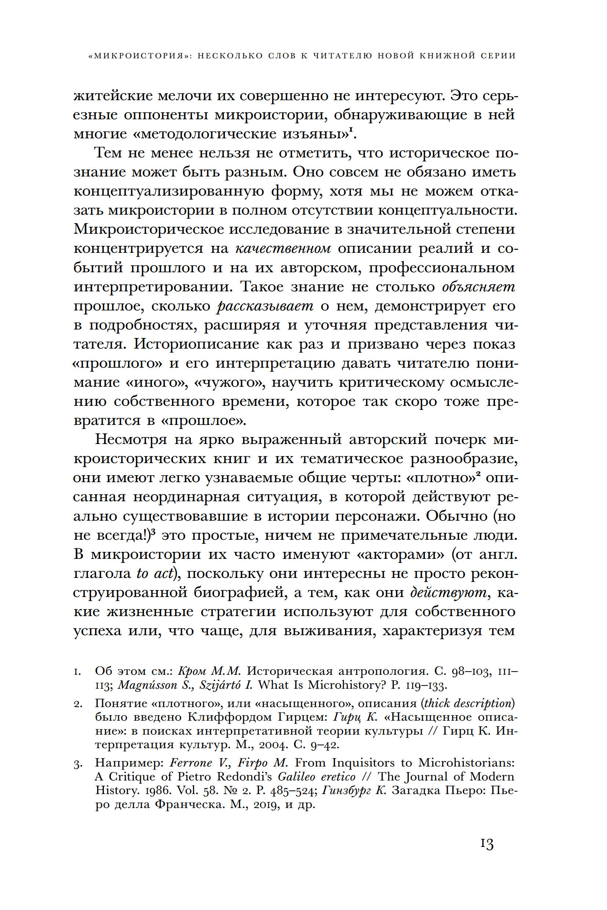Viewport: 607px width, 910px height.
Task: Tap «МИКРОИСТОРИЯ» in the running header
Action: [x=140, y=56]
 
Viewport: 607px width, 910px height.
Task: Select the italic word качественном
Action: [x=283, y=248]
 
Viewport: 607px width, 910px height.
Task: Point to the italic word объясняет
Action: [x=479, y=287]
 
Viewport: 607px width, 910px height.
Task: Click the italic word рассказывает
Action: [x=265, y=306]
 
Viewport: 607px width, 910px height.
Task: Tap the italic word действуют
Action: [x=448, y=592]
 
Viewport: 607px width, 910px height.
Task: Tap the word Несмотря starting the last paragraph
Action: [x=131, y=439]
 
